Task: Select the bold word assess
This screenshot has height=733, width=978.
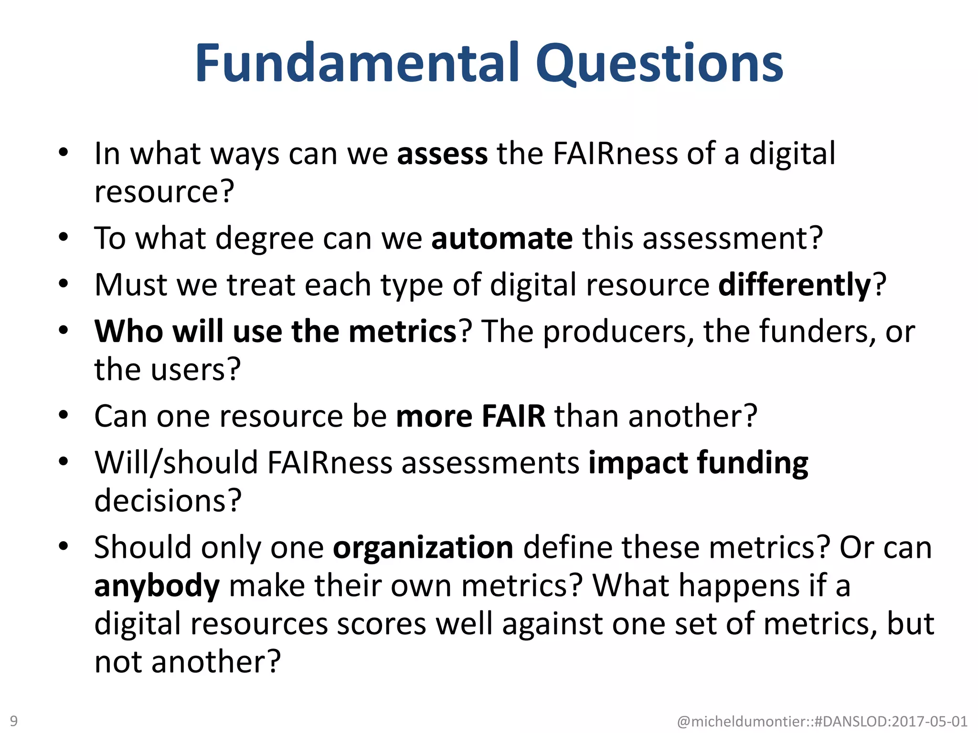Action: click(442, 154)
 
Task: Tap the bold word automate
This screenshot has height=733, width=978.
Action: click(501, 238)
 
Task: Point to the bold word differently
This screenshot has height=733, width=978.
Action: click(795, 285)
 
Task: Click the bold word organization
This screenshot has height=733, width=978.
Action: click(423, 547)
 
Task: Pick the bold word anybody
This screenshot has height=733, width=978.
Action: click(157, 586)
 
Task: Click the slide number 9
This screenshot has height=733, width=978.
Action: click(14, 721)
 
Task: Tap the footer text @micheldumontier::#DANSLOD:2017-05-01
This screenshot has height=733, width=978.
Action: click(822, 721)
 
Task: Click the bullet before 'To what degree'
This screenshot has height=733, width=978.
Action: click(64, 237)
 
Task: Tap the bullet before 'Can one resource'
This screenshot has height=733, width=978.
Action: click(64, 415)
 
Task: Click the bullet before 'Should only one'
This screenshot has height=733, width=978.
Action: click(64, 546)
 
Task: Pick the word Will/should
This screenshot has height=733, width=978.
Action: click(176, 463)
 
